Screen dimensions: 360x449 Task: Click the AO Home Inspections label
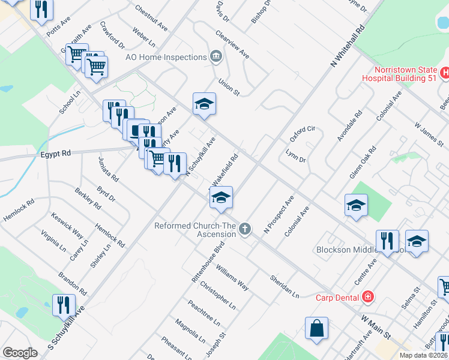pos(166,57)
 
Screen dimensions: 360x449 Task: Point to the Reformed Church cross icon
pos(244,229)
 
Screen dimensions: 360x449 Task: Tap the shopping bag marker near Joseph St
pos(316,329)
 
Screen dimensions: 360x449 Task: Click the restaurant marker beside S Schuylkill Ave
pos(62,305)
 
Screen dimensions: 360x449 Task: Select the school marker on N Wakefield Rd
pos(221,198)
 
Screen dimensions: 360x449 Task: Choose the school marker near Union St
pos(204,104)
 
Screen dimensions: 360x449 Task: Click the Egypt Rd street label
pos(56,154)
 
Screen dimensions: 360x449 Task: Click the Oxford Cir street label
pos(302,134)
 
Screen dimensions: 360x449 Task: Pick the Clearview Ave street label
pos(232,45)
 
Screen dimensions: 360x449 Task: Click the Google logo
pos(20,353)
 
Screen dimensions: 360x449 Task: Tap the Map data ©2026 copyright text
pos(423,355)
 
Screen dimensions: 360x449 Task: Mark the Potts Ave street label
pos(58,32)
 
